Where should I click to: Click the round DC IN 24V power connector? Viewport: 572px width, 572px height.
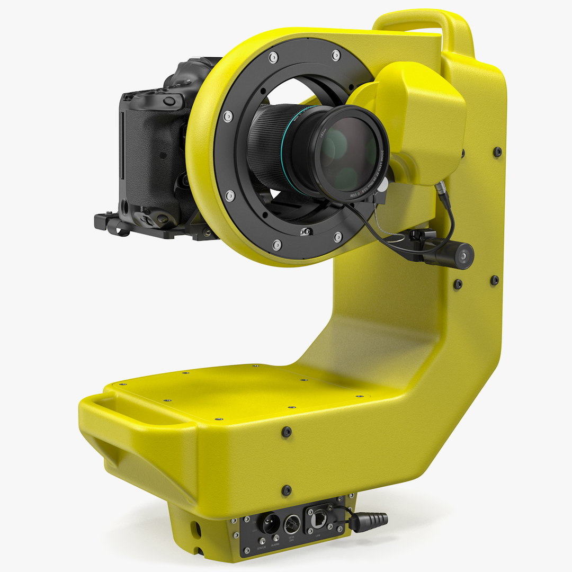[292, 524]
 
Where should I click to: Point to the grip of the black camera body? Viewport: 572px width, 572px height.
[146, 154]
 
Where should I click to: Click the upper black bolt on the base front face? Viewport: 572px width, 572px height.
[287, 432]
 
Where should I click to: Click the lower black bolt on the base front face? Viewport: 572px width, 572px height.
[287, 490]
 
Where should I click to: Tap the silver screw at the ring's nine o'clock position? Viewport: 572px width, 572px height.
[227, 116]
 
